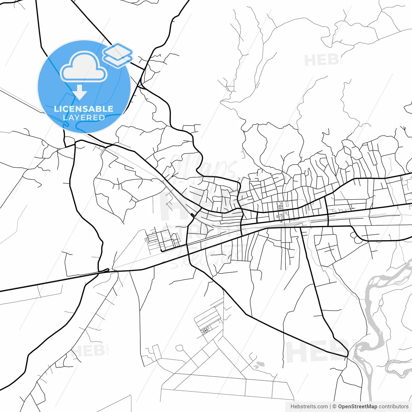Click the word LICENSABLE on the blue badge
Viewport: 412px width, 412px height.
pyautogui.click(x=84, y=109)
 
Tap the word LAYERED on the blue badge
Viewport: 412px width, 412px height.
pyautogui.click(x=84, y=117)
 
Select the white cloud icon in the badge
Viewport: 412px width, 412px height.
pyautogui.click(x=84, y=68)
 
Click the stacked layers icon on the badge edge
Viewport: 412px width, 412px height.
pyautogui.click(x=118, y=55)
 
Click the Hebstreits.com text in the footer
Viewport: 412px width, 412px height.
pyautogui.click(x=309, y=407)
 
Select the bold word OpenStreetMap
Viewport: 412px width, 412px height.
pyautogui.click(x=357, y=407)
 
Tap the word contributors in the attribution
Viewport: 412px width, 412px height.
pyautogui.click(x=393, y=407)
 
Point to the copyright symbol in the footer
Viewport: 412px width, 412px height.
pyautogui.click(x=334, y=407)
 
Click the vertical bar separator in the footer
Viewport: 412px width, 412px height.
pyautogui.click(x=330, y=407)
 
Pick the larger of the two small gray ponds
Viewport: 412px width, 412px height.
pyautogui.click(x=259, y=364)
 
